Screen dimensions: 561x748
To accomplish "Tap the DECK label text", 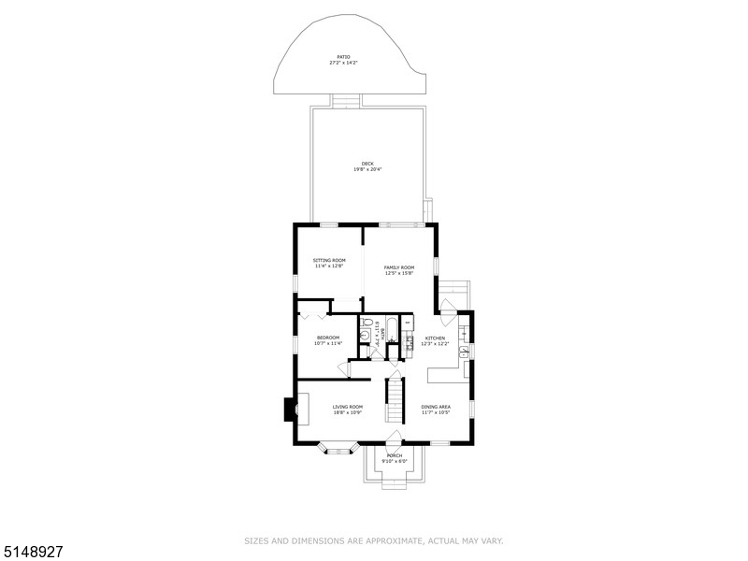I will [x=367, y=164].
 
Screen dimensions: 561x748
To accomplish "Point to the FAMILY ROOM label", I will [x=399, y=267].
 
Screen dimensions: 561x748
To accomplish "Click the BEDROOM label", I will [x=327, y=338].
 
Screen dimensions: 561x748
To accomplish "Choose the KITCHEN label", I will [x=437, y=338].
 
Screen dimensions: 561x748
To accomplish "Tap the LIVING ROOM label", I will [x=348, y=407].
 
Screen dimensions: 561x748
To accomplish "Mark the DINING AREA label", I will [x=436, y=407].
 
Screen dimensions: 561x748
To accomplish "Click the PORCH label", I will [x=395, y=455].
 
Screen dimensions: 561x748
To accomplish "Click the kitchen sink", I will [x=464, y=353].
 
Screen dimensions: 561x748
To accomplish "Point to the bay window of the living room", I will [x=339, y=449].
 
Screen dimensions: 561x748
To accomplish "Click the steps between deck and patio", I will [x=345, y=100].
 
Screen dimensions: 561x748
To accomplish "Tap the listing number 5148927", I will [x=32, y=552].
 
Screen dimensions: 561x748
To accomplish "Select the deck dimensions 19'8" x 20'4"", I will [x=367, y=169].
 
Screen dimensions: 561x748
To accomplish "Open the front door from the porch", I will [x=395, y=439].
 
